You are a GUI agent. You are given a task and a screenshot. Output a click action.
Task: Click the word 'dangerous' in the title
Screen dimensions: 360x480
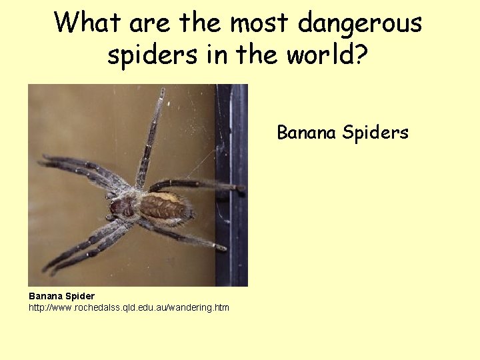[359, 23]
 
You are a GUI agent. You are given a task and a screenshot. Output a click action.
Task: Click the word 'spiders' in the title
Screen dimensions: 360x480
[153, 55]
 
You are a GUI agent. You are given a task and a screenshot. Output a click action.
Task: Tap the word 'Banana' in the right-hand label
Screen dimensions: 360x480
[307, 133]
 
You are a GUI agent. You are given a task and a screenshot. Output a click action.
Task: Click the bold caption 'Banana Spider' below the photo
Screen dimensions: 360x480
[61, 296]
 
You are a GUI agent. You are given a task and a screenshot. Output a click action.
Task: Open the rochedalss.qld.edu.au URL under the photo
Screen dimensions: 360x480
[129, 307]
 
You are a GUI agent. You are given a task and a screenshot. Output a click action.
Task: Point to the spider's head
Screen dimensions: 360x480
[121, 207]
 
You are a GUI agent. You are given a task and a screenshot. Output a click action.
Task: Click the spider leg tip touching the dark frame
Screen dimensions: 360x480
[238, 189]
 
